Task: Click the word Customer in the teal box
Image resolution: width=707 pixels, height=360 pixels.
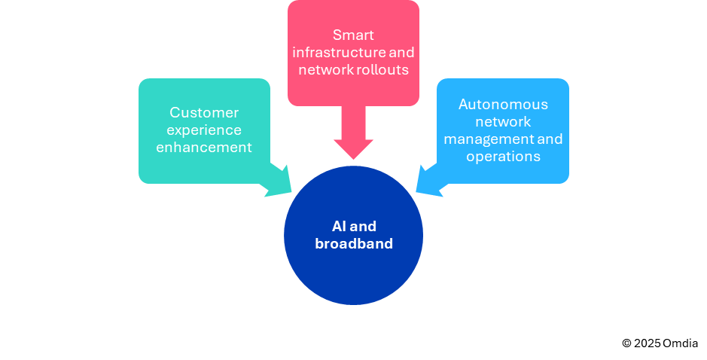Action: (x=204, y=113)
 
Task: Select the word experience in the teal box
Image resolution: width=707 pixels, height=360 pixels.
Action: (x=204, y=130)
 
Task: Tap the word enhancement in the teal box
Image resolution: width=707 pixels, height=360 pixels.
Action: (x=204, y=148)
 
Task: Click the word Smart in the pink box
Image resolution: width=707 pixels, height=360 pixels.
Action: (x=353, y=35)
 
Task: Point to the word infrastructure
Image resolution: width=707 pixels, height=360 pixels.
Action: (x=337, y=53)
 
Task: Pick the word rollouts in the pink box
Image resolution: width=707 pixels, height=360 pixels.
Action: (x=382, y=70)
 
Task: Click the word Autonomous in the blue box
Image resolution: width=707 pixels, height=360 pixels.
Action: (x=503, y=104)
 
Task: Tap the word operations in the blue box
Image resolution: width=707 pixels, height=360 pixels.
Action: (x=503, y=157)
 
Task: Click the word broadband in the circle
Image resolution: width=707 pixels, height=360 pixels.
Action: (x=353, y=244)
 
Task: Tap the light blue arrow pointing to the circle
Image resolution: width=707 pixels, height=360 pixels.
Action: (x=431, y=182)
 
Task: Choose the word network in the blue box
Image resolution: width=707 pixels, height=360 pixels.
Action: (x=503, y=122)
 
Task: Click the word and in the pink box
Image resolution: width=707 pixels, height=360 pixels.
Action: (x=402, y=53)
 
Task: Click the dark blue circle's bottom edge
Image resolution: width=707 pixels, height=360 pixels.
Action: (x=353, y=304)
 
